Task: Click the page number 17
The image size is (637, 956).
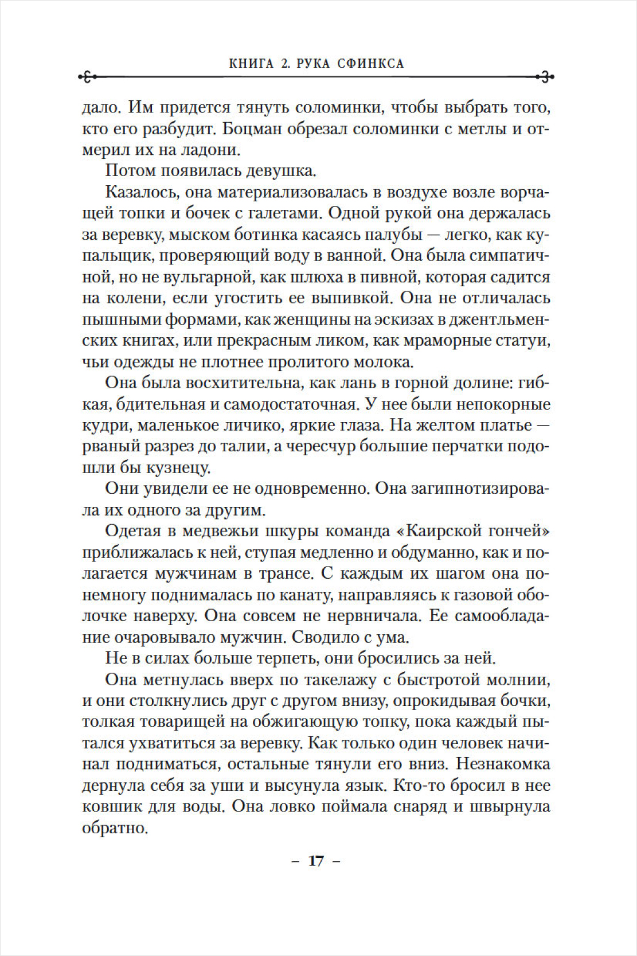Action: coord(316,861)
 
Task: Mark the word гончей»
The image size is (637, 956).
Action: coord(522,530)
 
